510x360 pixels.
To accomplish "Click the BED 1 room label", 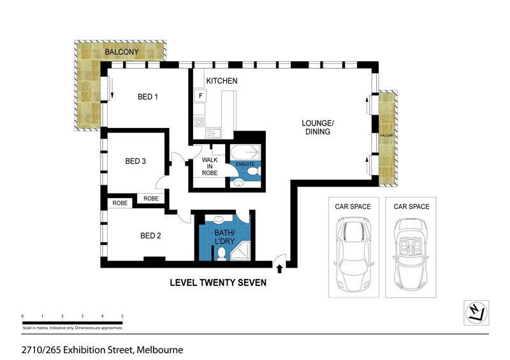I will (148, 97).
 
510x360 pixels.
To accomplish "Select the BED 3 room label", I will (136, 162).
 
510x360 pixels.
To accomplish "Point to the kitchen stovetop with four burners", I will (199, 122).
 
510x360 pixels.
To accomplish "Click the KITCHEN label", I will (222, 81).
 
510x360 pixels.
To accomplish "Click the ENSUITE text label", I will (245, 165).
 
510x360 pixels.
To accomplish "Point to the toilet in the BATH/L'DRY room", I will (221, 254).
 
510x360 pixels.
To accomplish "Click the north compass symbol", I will (476, 311).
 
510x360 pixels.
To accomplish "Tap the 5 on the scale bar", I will (122, 316).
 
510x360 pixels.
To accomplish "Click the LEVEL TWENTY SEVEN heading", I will (217, 282).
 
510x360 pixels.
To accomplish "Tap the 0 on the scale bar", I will (22, 316).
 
